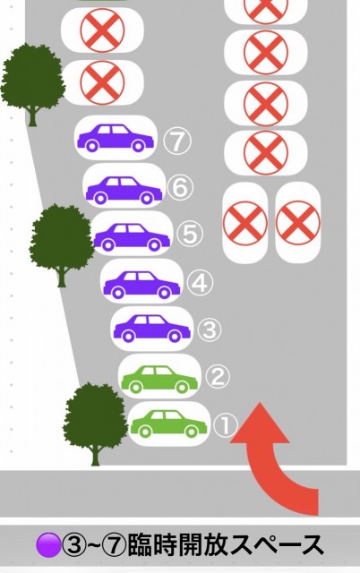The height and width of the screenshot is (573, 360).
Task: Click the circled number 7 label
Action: pos(177,141)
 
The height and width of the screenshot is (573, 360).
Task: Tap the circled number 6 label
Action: pos(180,188)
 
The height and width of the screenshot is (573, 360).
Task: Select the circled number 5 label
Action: pos(190,234)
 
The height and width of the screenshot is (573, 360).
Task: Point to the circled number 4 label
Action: pos(200,283)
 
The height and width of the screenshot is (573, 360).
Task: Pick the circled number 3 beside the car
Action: pos(210,329)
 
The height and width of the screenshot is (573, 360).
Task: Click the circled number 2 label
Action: pos(218,376)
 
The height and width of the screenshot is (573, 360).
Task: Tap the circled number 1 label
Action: pos(226,424)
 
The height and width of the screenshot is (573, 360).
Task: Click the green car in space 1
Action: pos(168,423)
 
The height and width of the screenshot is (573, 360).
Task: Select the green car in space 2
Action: pos(159,380)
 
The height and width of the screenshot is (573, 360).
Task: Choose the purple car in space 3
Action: pos(151,329)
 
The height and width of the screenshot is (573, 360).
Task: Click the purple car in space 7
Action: pos(116,138)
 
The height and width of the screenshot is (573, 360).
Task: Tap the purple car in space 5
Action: pos(132,237)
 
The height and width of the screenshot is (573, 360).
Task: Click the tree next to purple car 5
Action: pos(62,244)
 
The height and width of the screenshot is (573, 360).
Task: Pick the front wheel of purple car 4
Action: pos(164,293)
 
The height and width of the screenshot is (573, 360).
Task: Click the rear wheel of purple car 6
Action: pos(99,199)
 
